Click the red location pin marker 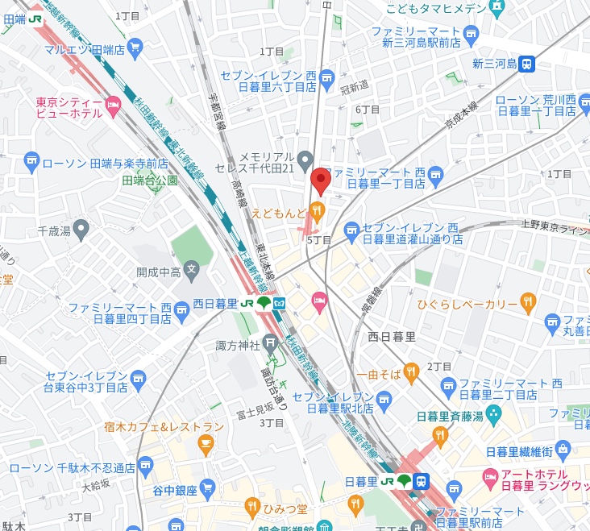click(x=321, y=181)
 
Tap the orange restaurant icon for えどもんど click(x=318, y=213)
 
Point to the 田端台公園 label click(x=150, y=181)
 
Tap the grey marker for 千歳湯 click(x=80, y=226)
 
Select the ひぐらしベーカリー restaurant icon click(x=529, y=303)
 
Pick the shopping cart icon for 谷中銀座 click(x=207, y=487)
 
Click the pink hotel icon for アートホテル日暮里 click(x=490, y=478)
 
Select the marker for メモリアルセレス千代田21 click(x=305, y=158)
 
